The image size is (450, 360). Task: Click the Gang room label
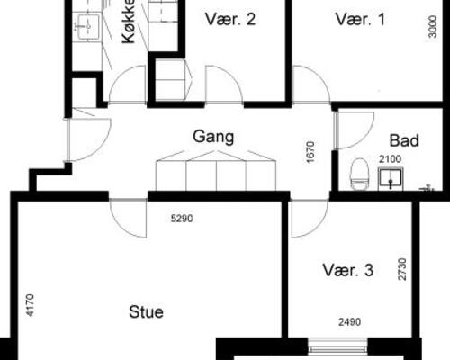pos(213,137)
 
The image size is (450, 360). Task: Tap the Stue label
pos(146,312)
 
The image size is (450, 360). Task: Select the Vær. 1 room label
pos(360,19)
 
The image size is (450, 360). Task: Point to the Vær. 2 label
pos(230,19)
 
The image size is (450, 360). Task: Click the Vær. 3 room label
pos(348,270)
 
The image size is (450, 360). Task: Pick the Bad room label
pos(404,140)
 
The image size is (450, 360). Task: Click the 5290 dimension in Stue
pos(182,219)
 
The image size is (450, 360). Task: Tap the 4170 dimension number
pos(31,305)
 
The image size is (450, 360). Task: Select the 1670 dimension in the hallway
pos(310,152)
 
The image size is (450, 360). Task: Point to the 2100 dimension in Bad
pos(390,159)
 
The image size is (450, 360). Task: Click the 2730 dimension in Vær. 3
pos(402,269)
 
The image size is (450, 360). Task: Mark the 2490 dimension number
pos(350,322)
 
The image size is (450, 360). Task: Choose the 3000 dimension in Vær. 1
pos(433,27)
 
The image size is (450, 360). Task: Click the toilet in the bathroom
pos(359,175)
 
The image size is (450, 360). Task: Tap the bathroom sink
pos(391,179)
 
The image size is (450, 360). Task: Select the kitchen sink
pos(88,26)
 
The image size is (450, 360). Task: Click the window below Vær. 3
pos(337,346)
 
